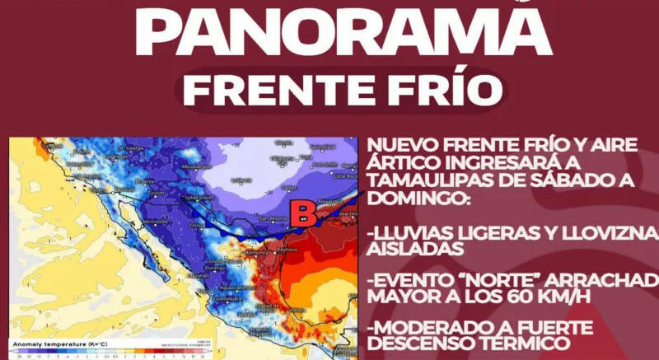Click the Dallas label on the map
pyautogui.click(x=289, y=189)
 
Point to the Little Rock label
pyautogui.click(x=347, y=176)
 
